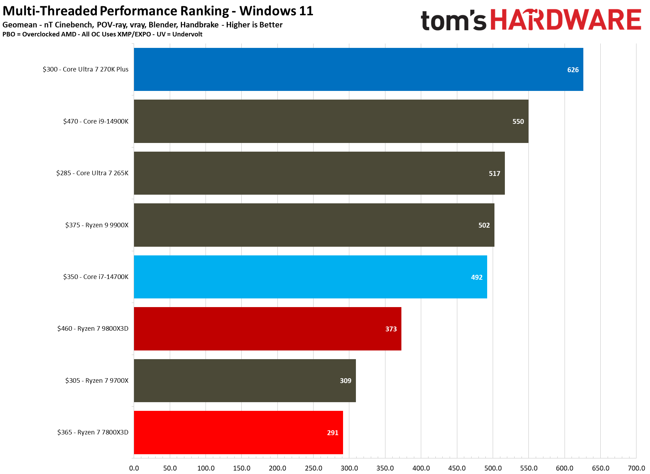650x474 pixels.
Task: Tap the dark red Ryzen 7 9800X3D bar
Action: [267, 329]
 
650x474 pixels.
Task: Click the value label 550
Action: [518, 121]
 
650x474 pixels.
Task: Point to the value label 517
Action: [494, 173]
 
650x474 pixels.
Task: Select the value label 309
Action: [345, 381]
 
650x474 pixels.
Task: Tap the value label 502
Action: [484, 225]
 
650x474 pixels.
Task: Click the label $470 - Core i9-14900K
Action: [96, 121]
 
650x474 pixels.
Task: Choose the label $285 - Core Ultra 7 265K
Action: [92, 173]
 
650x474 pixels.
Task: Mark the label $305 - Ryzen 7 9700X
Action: [97, 381]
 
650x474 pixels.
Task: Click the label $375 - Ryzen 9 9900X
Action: [97, 225]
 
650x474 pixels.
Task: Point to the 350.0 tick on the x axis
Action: [385, 468]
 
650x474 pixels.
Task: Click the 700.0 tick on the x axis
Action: [636, 468]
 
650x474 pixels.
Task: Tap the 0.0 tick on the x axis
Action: [134, 468]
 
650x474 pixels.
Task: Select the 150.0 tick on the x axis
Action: [242, 468]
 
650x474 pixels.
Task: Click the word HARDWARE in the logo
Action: [566, 20]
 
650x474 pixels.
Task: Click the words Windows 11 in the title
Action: [276, 11]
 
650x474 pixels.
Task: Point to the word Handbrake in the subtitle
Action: [199, 25]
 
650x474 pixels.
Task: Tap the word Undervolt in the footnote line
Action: [187, 34]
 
